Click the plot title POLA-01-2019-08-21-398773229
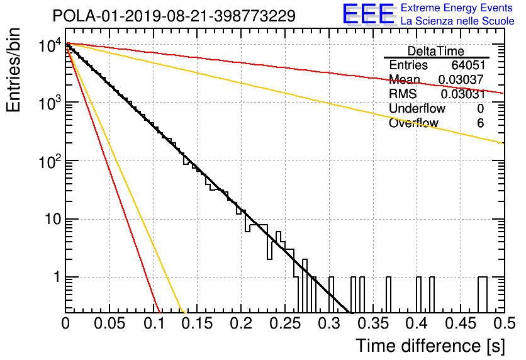tap(174, 16)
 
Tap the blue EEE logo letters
tap(369, 14)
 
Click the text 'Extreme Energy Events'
tap(457, 8)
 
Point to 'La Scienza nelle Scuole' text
tap(457, 21)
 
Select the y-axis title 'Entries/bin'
tap(13, 70)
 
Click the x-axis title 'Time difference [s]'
tap(430, 346)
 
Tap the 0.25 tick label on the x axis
tap(285, 323)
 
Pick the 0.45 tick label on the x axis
tap(461, 323)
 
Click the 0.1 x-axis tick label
tap(154, 323)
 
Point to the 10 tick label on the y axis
tap(53, 219)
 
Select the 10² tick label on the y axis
tap(50, 161)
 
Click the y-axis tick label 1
tap(57, 277)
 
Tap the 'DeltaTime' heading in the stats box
tap(436, 51)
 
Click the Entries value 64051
tap(468, 65)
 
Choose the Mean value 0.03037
tap(461, 79)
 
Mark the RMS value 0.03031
tap(462, 94)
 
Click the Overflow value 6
tap(480, 123)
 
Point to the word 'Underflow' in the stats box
tap(417, 108)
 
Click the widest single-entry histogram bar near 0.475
tap(483, 295)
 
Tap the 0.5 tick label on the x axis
tap(505, 323)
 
